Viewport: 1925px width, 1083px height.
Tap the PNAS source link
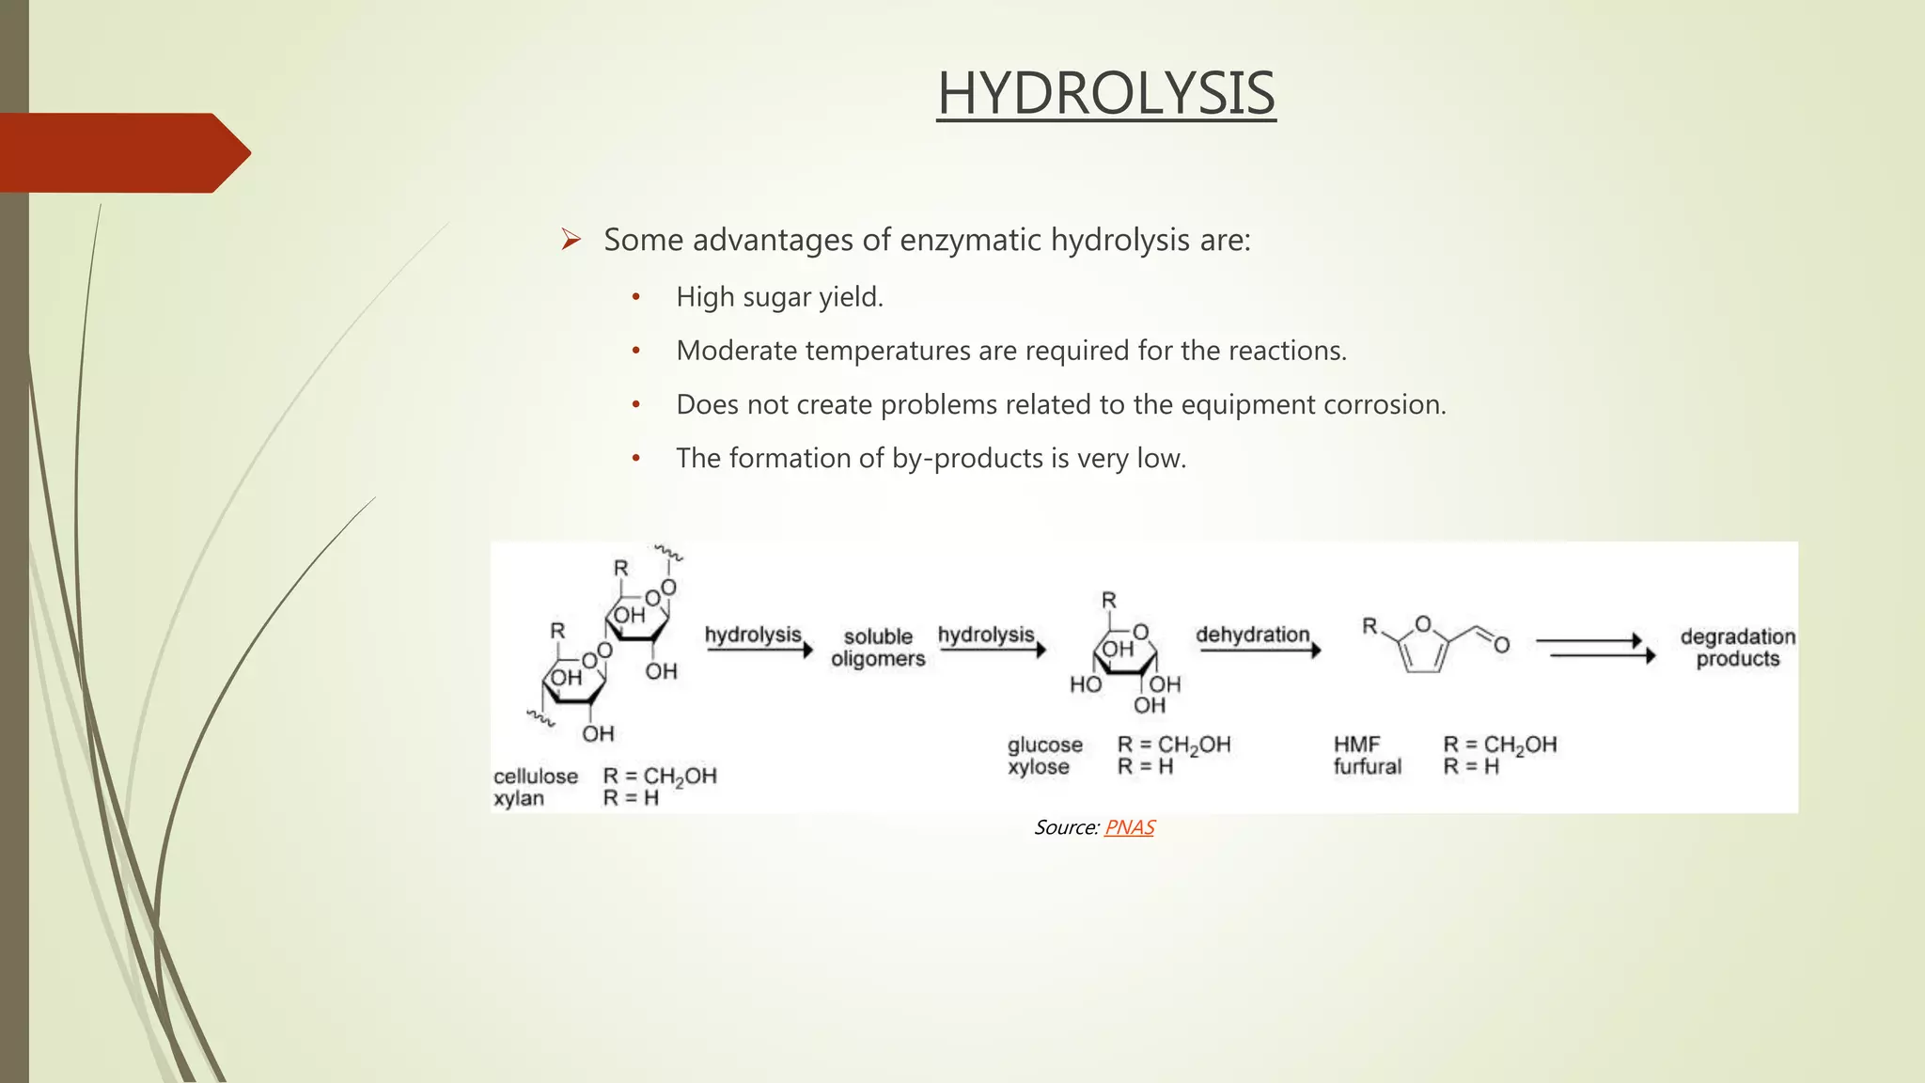(x=1129, y=827)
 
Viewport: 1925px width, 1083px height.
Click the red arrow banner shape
(x=122, y=153)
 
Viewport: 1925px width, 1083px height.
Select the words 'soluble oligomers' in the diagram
(x=878, y=648)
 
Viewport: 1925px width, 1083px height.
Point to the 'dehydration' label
(x=1252, y=635)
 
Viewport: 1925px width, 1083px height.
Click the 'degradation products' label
(x=1738, y=648)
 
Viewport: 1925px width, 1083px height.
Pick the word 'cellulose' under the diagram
(x=536, y=777)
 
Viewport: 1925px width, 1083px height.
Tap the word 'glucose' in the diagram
(x=1045, y=745)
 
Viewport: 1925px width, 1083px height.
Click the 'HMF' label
(x=1356, y=745)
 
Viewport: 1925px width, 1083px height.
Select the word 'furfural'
(x=1367, y=767)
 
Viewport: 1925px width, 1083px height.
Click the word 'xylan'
(x=519, y=798)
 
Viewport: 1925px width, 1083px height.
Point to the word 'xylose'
(x=1039, y=767)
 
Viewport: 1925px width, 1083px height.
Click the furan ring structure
(x=1422, y=646)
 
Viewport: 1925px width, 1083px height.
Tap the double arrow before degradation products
(x=1595, y=648)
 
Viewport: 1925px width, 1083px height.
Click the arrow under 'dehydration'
(x=1260, y=651)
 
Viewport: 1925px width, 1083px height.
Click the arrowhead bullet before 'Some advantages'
(x=571, y=240)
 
